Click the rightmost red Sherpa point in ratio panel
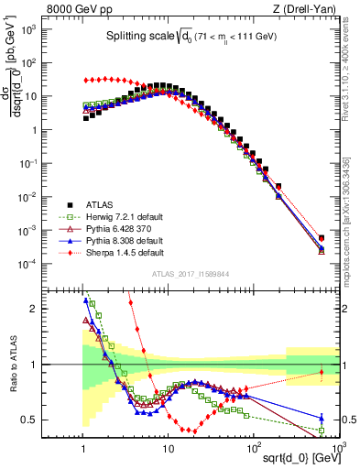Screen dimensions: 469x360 [x=321, y=372]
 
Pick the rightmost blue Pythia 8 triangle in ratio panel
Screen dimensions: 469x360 [x=321, y=419]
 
